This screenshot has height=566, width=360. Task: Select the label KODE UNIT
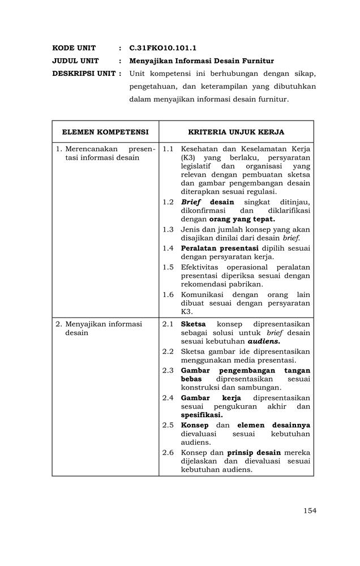(x=74, y=48)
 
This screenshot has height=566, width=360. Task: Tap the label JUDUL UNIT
(x=75, y=61)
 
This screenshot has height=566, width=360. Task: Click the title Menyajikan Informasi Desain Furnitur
(x=202, y=61)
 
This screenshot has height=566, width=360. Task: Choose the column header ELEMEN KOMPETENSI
(x=105, y=132)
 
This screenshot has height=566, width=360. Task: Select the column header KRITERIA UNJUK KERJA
(x=236, y=132)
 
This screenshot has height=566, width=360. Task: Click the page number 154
(x=309, y=511)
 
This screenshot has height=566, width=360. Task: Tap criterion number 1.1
(x=168, y=149)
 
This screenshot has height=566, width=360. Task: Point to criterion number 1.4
(x=168, y=248)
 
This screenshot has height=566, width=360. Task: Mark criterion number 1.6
(x=168, y=295)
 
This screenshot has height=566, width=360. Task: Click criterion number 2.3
(x=168, y=370)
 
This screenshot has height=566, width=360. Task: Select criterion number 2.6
(x=168, y=453)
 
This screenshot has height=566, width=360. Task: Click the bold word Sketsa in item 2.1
(x=193, y=324)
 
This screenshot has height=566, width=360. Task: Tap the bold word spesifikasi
(x=202, y=415)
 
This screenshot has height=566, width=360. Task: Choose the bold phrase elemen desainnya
(x=273, y=425)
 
